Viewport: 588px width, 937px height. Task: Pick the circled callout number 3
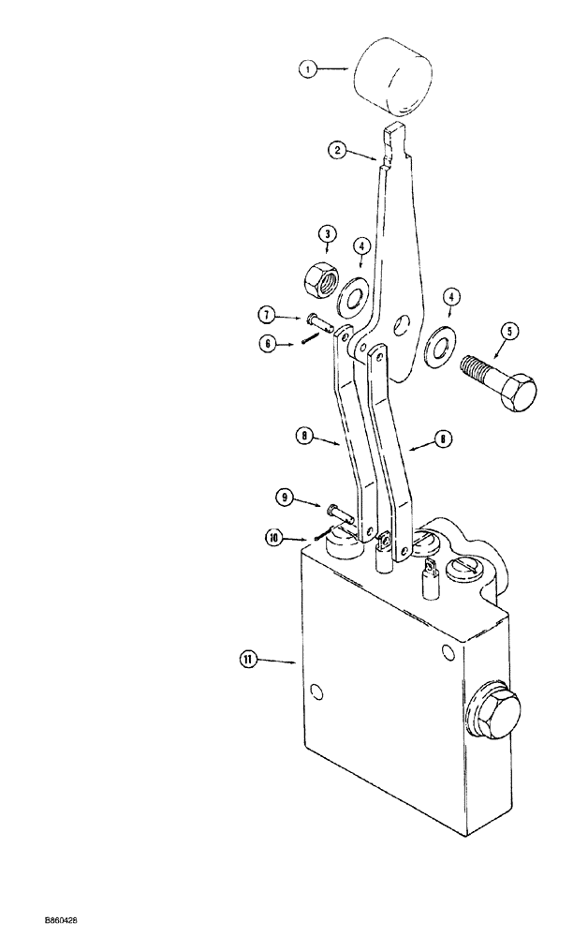click(x=328, y=233)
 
